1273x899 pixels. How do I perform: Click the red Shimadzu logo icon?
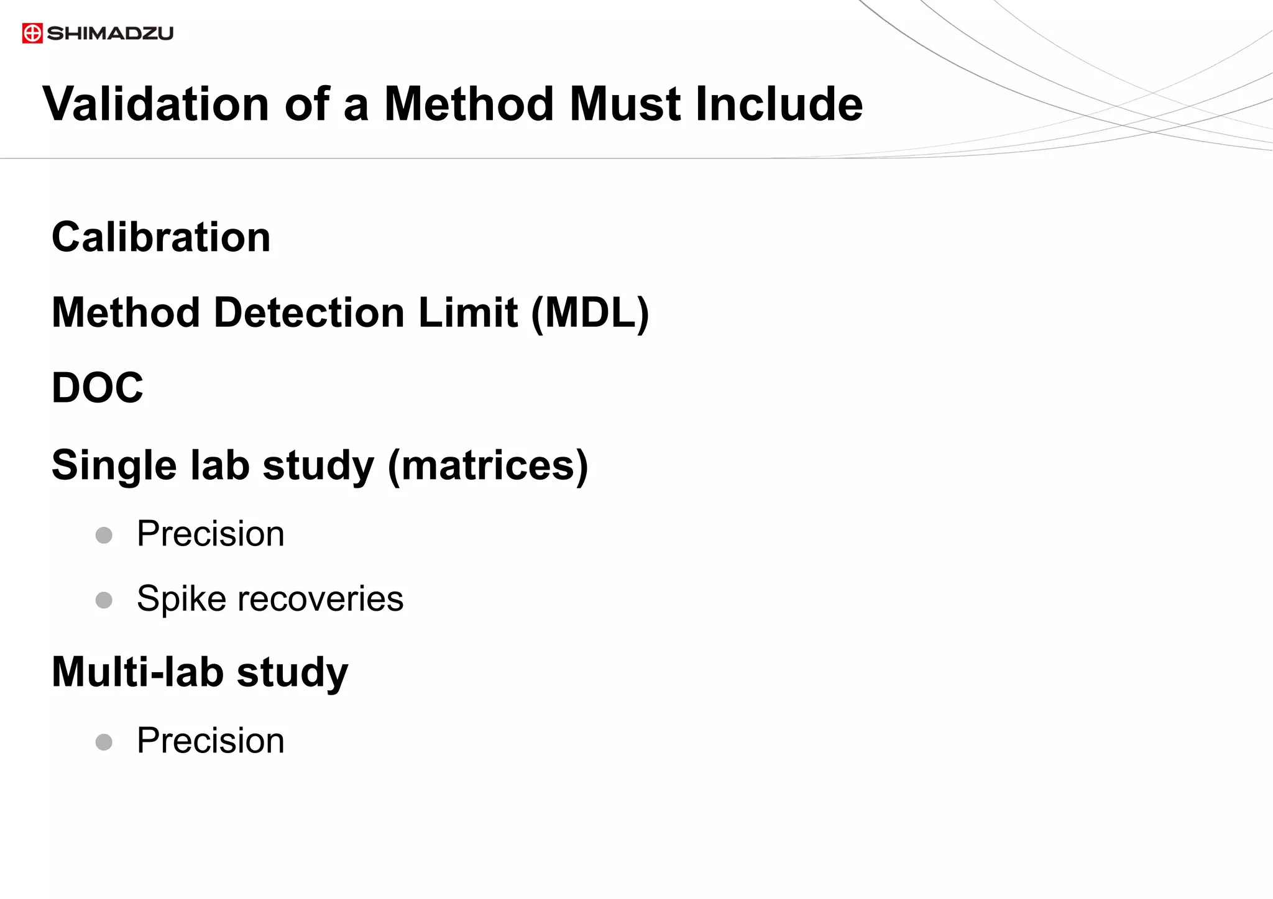(x=32, y=33)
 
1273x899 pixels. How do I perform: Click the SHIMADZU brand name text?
(x=110, y=33)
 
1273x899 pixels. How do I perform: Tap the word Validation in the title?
(x=155, y=104)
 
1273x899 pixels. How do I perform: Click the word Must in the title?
(x=625, y=104)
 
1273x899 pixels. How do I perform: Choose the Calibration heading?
(x=161, y=237)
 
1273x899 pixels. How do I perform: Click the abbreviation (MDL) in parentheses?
(x=590, y=313)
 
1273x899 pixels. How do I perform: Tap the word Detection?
(x=310, y=313)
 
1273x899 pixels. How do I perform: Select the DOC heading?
(x=98, y=388)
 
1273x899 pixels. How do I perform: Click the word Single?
(x=114, y=465)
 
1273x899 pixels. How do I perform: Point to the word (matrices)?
(x=488, y=465)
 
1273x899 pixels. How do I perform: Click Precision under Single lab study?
(x=211, y=534)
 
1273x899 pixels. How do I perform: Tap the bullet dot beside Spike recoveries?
(x=104, y=600)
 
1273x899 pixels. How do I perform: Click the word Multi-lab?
(x=137, y=672)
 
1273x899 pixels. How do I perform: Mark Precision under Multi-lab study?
(x=211, y=741)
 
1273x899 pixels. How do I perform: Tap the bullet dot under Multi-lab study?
(x=104, y=742)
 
